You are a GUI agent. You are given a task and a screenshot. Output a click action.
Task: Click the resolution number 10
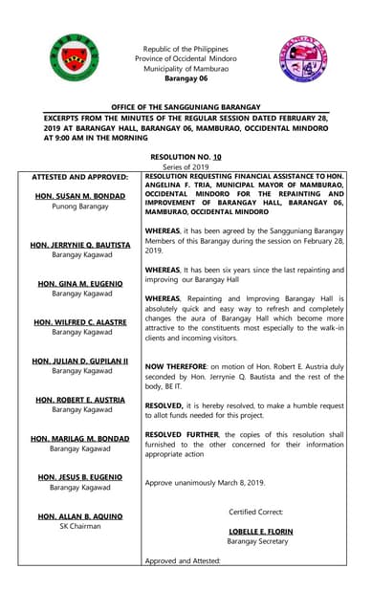[x=217, y=155]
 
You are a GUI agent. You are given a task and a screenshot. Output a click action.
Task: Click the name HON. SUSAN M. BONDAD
[x=81, y=195]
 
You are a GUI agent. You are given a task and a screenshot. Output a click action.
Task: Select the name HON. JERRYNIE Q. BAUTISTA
[x=81, y=245]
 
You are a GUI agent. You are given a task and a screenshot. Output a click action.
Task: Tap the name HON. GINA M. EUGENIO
[x=81, y=284]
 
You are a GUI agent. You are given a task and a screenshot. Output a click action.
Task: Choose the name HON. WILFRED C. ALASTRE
[x=81, y=322]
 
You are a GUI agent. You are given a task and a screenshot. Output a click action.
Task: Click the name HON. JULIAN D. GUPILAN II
[x=81, y=361]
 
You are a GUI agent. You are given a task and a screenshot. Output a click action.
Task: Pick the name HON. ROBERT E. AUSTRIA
[x=81, y=400]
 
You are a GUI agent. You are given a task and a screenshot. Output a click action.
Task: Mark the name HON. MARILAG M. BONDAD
[x=81, y=439]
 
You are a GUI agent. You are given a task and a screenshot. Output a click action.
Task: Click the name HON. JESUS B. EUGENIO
[x=81, y=477]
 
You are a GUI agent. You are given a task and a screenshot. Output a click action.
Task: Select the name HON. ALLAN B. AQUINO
[x=81, y=516]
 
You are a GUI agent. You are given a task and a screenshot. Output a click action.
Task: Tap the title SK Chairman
[x=81, y=527]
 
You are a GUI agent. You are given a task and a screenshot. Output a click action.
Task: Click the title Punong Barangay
[x=81, y=206]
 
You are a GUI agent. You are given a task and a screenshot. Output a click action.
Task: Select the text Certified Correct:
[x=256, y=513]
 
